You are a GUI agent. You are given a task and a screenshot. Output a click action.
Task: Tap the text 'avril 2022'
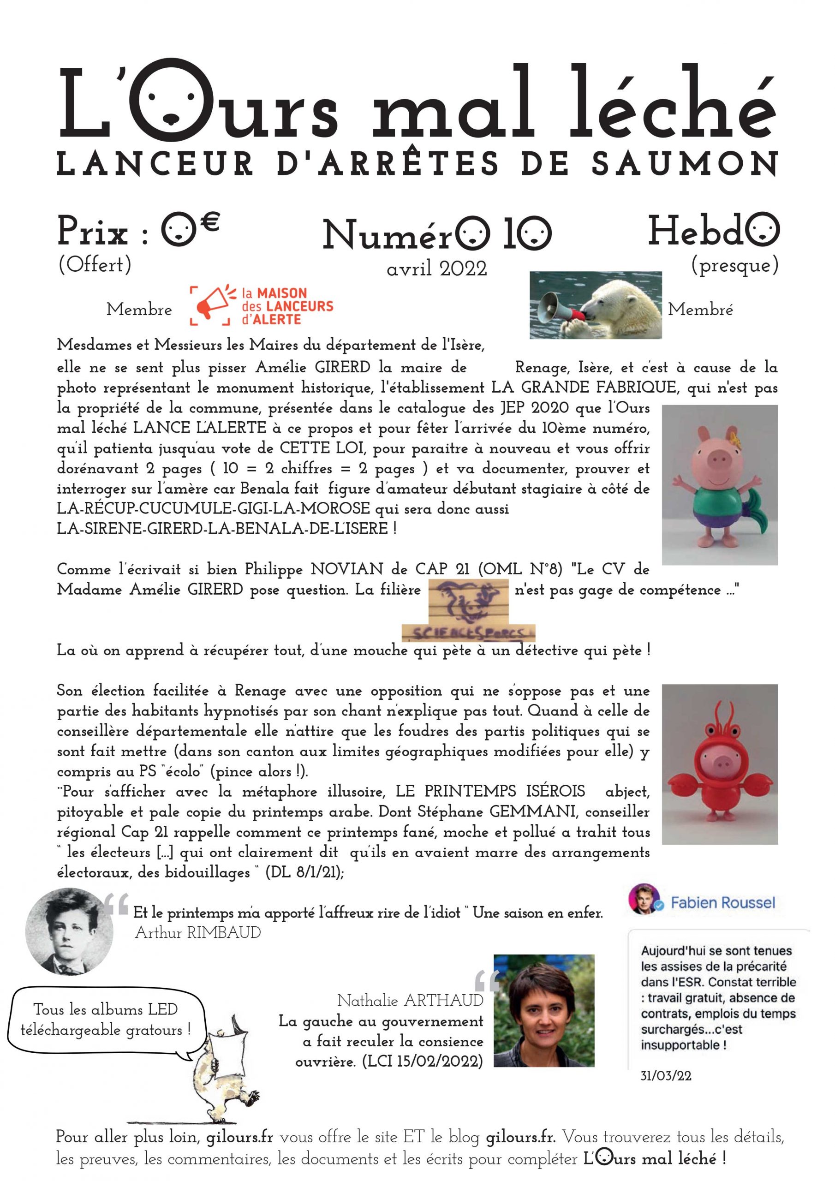point(436,268)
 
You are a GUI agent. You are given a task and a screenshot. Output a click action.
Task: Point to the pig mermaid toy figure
point(719,484)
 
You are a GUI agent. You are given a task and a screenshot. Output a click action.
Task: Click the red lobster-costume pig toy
point(719,764)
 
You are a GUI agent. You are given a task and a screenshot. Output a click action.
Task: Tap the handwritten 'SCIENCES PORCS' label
point(468,632)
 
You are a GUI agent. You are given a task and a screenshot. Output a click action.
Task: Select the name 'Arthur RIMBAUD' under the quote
point(197,932)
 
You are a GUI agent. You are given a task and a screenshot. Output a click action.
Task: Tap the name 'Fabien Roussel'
point(723,903)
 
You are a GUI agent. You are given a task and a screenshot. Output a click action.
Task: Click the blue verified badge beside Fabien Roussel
point(662,904)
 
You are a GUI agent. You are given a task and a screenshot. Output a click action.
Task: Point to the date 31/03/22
point(666,1075)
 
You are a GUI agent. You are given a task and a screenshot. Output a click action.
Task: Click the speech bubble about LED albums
point(106,1020)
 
